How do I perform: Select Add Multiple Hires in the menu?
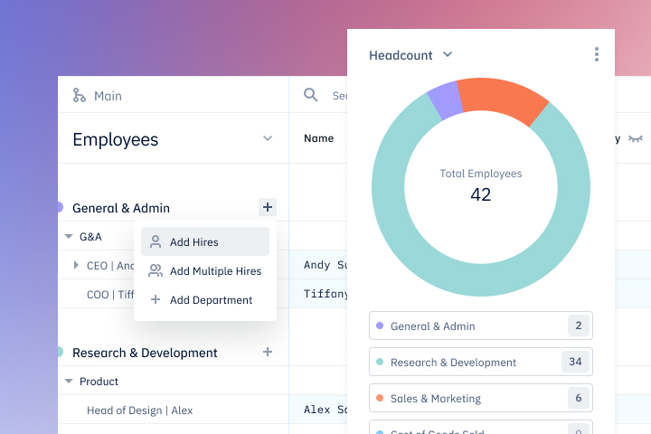[215, 271]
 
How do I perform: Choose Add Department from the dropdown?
[211, 300]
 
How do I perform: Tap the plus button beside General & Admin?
[267, 207]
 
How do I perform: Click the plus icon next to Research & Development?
[267, 352]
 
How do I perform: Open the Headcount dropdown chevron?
[447, 55]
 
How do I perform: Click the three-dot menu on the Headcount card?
[597, 55]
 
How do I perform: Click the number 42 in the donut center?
[480, 194]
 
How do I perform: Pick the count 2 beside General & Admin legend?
[576, 325]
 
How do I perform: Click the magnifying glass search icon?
[310, 95]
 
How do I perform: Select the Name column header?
[318, 138]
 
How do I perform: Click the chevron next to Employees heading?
[267, 138]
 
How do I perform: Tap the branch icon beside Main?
[80, 96]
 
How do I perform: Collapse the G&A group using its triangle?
[69, 237]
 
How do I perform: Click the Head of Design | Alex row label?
[139, 410]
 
